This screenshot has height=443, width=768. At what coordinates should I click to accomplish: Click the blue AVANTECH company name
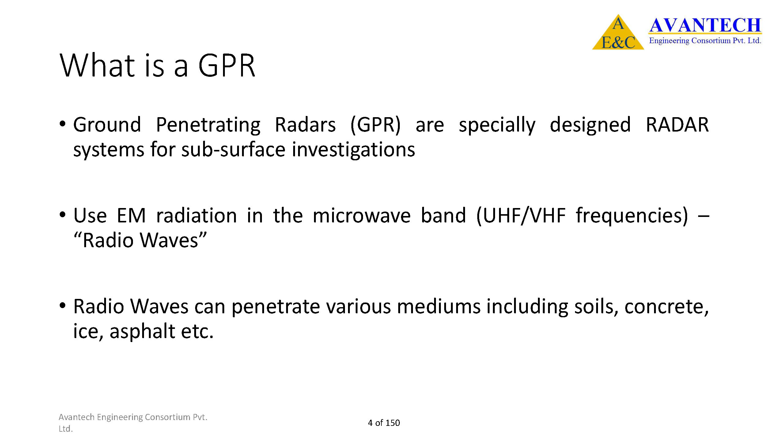(x=705, y=25)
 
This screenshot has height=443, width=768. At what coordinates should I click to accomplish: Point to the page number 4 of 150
(x=384, y=423)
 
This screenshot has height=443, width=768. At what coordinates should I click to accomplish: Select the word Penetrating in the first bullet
(x=208, y=125)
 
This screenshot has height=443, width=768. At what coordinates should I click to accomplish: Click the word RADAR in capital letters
(x=677, y=125)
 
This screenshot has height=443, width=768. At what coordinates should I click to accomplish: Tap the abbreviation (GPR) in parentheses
(x=376, y=125)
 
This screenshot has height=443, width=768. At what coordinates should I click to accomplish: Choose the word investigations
(x=354, y=150)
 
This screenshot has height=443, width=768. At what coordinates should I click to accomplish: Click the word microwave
(x=361, y=216)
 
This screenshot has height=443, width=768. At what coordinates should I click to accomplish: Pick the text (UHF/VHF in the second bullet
(x=521, y=216)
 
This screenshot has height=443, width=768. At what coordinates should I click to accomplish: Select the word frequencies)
(x=632, y=216)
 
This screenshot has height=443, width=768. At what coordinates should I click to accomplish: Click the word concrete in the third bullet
(x=667, y=307)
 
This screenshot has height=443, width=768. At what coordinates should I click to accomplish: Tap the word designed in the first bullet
(x=590, y=125)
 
